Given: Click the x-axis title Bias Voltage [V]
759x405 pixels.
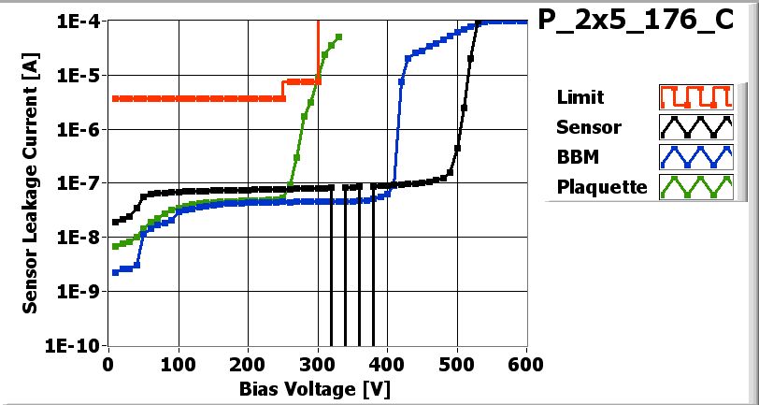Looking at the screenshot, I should click(x=318, y=387).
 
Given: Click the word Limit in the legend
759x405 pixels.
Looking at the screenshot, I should click(x=580, y=97).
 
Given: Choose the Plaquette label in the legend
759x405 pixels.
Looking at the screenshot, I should click(x=602, y=186).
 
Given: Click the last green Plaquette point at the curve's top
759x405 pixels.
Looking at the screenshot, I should click(x=338, y=37).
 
